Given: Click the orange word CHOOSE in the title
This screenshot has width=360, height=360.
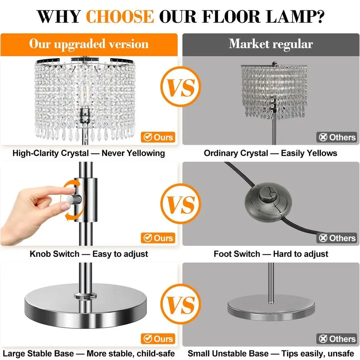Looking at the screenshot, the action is tap(120, 16).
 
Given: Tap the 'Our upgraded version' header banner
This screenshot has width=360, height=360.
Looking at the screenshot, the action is tap(89, 44).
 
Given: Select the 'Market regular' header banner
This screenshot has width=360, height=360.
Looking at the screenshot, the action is tap(271, 44).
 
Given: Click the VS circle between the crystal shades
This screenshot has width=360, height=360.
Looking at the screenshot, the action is tap(181, 87).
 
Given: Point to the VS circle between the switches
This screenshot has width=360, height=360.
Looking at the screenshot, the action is tap(181, 204).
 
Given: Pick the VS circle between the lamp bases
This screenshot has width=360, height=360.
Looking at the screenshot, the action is tap(181, 304).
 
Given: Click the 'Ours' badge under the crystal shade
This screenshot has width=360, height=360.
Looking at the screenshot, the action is tap(158, 137).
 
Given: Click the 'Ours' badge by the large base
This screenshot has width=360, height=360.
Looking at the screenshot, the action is tap(158, 339).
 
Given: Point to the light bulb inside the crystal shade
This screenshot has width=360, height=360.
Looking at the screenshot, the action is tap(85, 94).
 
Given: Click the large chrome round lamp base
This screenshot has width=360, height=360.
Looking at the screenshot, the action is tap(86, 305).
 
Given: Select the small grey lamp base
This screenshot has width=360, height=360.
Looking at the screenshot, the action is tap(271, 308).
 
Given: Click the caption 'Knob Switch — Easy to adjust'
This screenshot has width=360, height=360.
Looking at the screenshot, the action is tap(89, 254).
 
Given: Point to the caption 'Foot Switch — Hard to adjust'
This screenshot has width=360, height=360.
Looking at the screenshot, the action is tap(271, 254).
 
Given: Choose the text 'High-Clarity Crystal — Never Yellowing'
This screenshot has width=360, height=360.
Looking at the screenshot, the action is tap(89, 153).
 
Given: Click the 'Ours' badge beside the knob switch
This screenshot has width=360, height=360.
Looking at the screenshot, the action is tap(158, 238).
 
